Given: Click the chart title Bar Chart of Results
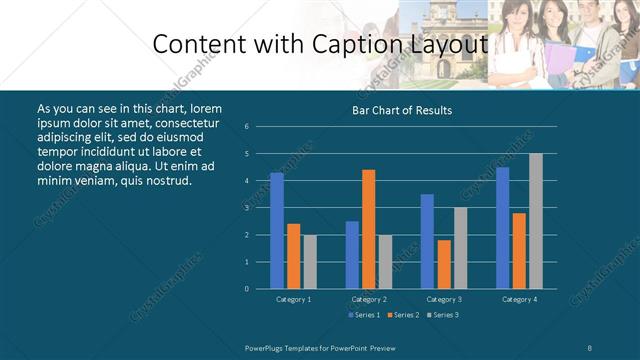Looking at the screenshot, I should tap(402, 110).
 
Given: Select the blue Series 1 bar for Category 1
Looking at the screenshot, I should tap(277, 230).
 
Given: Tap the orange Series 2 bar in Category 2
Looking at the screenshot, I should tap(369, 229).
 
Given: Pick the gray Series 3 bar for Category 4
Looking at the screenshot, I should tap(536, 221).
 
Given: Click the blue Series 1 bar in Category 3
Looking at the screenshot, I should tap(427, 241).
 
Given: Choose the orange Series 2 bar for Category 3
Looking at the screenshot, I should tap(444, 264).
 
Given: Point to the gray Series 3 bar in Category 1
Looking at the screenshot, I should tap(310, 261).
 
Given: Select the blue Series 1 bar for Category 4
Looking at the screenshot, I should tap(503, 228).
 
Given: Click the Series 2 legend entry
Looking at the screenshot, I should tap(404, 315).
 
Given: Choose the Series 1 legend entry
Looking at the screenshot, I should tap(364, 315).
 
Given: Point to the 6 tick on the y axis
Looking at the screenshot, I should tap(246, 127).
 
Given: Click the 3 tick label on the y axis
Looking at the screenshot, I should tap(246, 208).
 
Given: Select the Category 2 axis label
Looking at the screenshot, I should tap(369, 299).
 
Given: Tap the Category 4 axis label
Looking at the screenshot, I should tap(519, 299).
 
